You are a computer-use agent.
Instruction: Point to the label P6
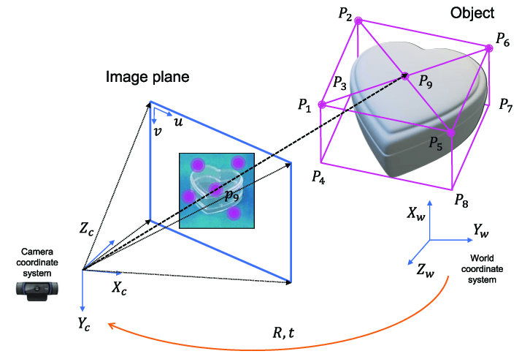tap(502, 41)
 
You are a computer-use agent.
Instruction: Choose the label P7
tap(506, 105)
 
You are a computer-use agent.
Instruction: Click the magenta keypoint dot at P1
tap(323, 105)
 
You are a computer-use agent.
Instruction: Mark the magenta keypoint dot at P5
tap(450, 132)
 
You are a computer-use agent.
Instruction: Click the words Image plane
tap(147, 77)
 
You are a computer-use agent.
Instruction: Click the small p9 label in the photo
tap(232, 195)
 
